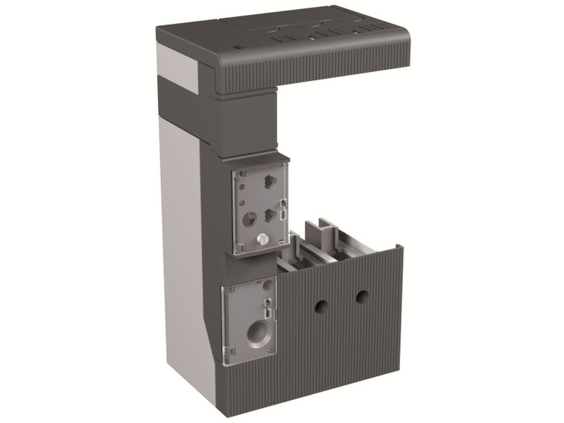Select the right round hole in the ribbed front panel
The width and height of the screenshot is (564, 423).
[x=362, y=297]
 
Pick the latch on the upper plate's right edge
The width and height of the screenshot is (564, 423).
[x=283, y=211]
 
